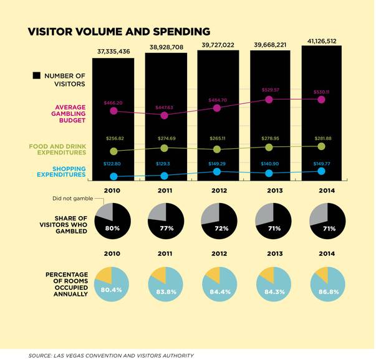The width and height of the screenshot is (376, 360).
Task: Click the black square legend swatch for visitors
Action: [36, 75]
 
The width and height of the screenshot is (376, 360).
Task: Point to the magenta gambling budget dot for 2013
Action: [269, 100]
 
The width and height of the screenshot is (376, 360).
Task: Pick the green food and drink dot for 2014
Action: [321, 146]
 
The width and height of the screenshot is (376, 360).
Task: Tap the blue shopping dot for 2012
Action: [217, 171]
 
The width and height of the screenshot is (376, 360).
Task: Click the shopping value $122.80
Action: [113, 164]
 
